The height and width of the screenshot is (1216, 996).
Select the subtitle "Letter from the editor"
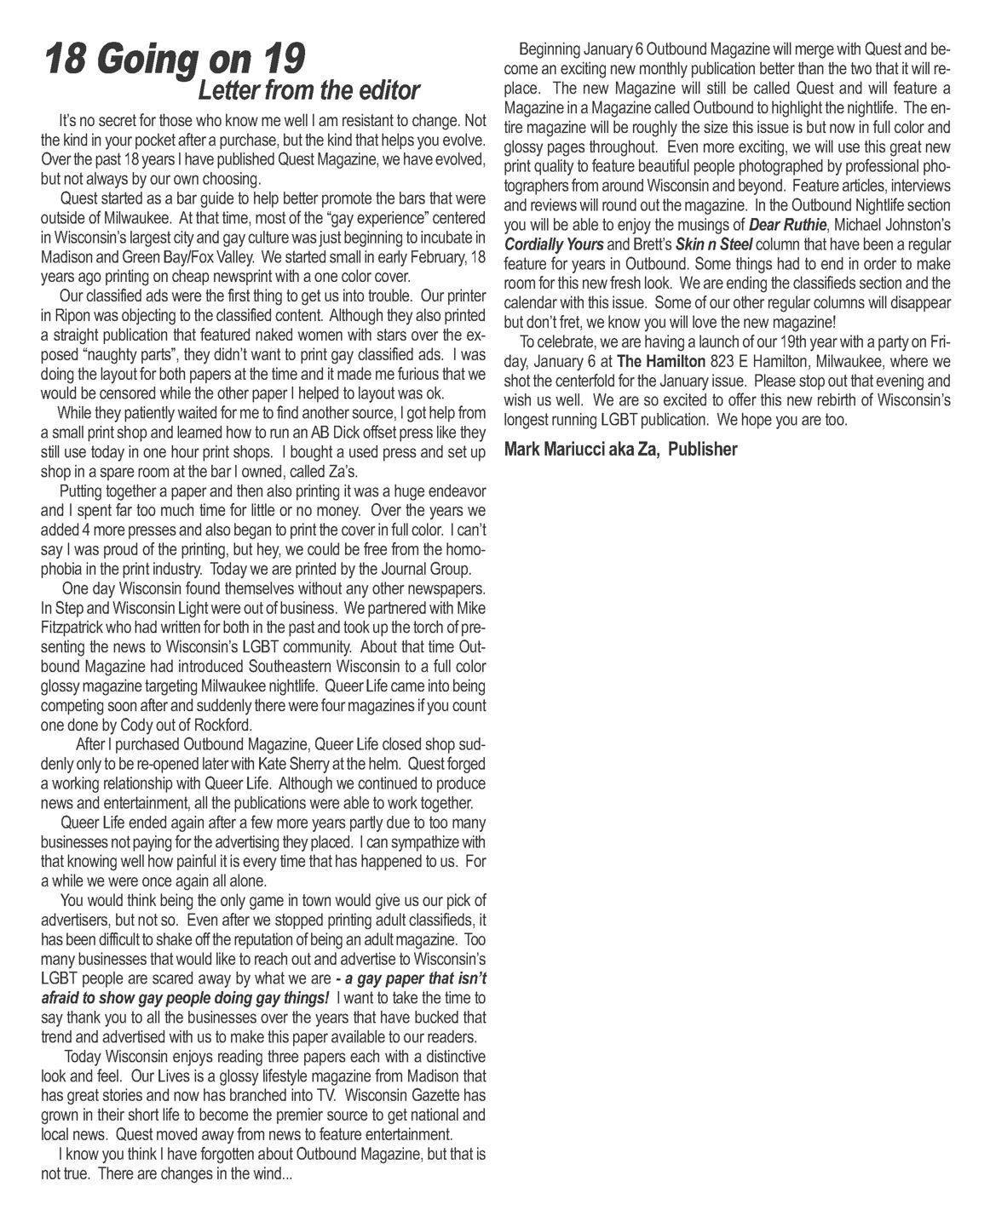[x=308, y=89]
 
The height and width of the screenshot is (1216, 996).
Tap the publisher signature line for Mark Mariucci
[x=620, y=449]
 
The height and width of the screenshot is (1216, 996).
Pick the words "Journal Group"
[x=421, y=568]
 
